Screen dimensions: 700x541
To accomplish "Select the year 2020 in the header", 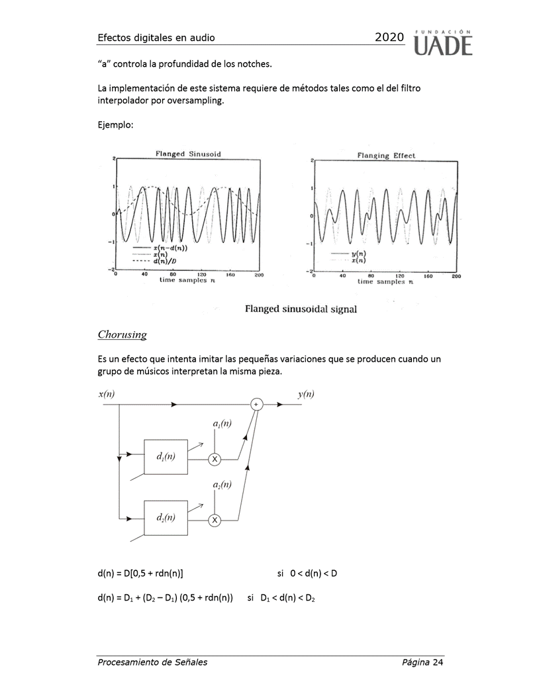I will (389, 38).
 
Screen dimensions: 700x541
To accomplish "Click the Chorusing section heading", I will (123, 334).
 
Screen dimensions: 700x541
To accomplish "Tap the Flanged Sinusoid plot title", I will (188, 154).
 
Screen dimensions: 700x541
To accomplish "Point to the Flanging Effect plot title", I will (386, 156).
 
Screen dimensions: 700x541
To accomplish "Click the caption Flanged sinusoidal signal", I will (301, 309).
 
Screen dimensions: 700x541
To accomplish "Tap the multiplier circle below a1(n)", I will (215, 458).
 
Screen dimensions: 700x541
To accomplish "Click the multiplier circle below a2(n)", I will (215, 521).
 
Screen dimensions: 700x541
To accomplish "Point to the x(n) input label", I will (107, 394).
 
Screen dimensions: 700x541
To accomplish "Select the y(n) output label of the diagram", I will (306, 394).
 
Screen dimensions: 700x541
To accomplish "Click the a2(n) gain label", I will (222, 485).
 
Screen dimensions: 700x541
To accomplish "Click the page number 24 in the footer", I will (437, 662).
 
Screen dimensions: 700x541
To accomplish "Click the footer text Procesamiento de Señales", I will (152, 662).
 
